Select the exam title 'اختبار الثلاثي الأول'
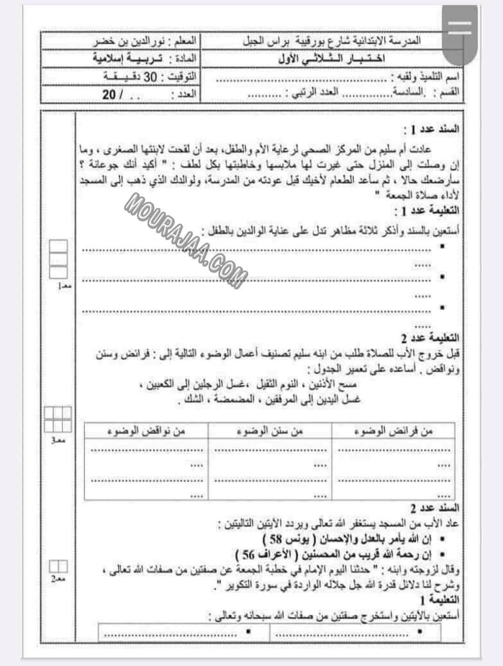coord(331,59)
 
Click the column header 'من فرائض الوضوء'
coord(393,431)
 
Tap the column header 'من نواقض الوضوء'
coord(146,431)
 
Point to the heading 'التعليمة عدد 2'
coord(430,337)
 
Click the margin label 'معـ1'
coord(64,287)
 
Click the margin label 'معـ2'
coord(58,579)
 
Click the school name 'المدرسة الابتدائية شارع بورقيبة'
coord(368,41)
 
